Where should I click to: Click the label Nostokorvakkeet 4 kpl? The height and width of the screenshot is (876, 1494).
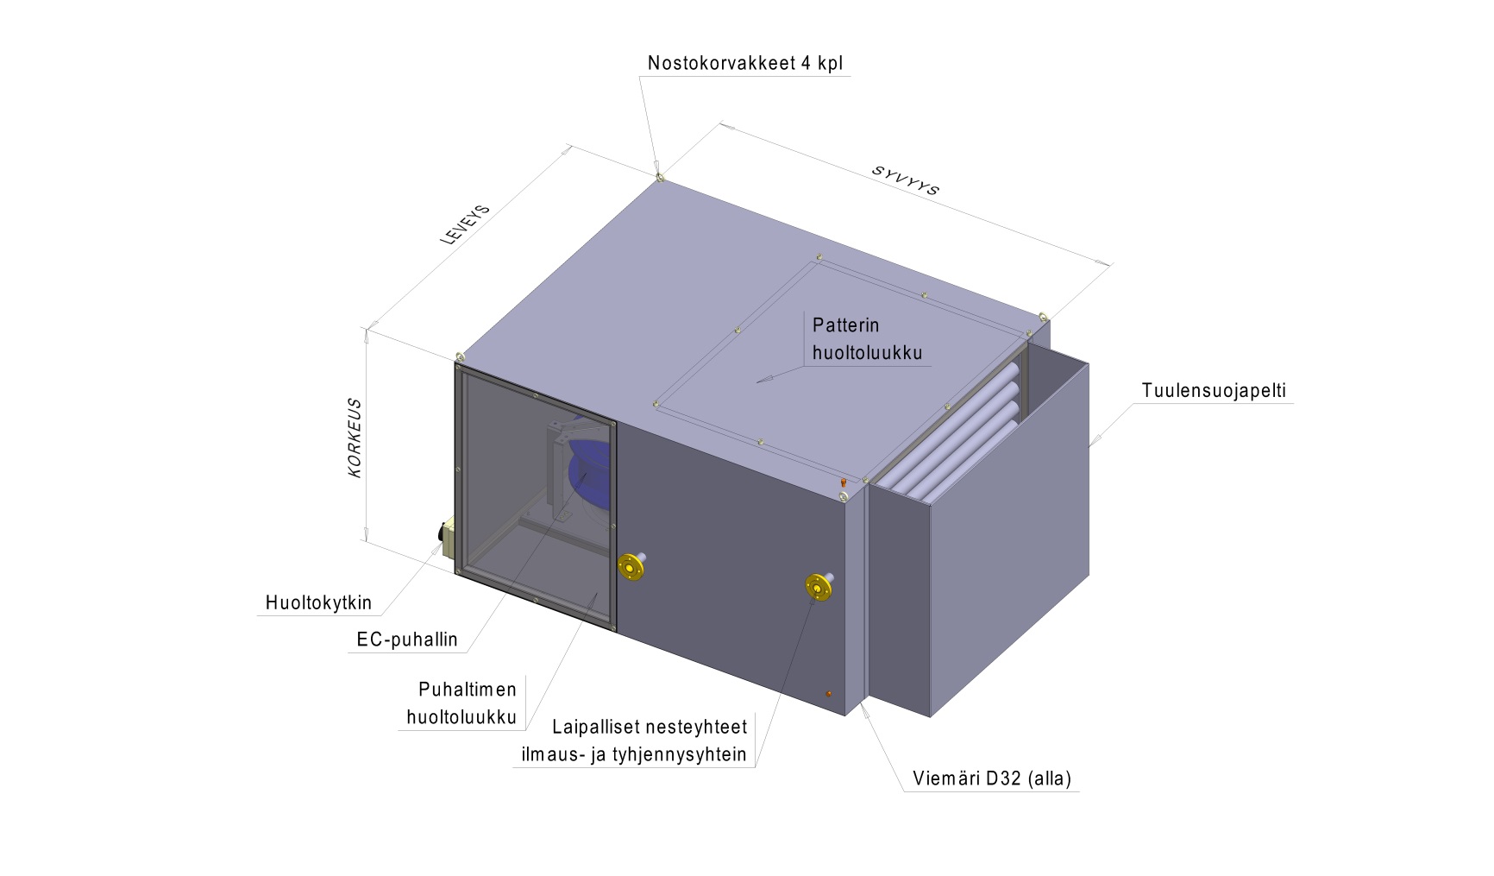(745, 63)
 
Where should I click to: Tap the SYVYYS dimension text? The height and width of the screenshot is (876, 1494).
(905, 180)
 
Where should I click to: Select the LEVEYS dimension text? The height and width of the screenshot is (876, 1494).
(466, 224)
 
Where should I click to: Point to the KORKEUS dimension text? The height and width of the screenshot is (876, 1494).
(355, 438)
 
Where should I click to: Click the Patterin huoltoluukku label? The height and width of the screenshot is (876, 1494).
(867, 338)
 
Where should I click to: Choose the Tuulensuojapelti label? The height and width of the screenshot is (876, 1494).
(1214, 390)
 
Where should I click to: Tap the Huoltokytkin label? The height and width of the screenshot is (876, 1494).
(318, 602)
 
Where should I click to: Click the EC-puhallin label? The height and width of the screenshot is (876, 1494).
(407, 640)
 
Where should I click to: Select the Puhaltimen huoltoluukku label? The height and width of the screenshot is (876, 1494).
(461, 703)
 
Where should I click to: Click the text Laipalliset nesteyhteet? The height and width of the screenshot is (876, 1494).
(650, 728)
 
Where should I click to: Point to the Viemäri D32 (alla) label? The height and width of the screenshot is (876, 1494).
(992, 778)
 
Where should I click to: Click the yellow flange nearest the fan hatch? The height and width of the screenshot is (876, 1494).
(633, 566)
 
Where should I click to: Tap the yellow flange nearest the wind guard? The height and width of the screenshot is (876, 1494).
(819, 586)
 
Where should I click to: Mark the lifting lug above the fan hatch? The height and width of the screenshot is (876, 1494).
(459, 356)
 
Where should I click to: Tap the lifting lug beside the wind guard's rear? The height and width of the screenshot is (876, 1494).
(1044, 317)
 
